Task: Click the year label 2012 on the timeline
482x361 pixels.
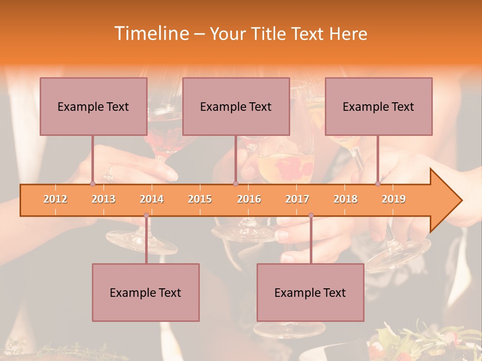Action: coord(55,199)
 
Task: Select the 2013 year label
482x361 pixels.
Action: coord(103,199)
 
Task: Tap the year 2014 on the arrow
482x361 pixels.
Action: coord(152,199)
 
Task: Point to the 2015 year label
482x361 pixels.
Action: coord(200,199)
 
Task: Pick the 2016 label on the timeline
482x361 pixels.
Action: coord(249,199)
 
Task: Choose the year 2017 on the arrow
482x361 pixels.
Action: coord(297,199)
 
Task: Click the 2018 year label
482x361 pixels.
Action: coord(345,199)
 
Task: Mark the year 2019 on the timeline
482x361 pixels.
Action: coord(394,199)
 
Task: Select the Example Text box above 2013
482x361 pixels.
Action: coord(93,106)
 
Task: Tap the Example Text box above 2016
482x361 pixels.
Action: coord(236,106)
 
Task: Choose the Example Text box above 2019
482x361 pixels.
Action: coord(379,106)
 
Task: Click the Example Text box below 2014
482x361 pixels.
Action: coord(146,292)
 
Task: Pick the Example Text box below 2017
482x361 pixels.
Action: coord(310,292)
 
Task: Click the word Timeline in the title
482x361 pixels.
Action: coord(150,34)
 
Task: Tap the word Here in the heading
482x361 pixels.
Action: coord(348,34)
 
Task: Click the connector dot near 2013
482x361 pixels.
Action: coord(92,184)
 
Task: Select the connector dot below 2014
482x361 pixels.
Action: coord(146,216)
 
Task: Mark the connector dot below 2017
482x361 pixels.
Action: coord(311,216)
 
